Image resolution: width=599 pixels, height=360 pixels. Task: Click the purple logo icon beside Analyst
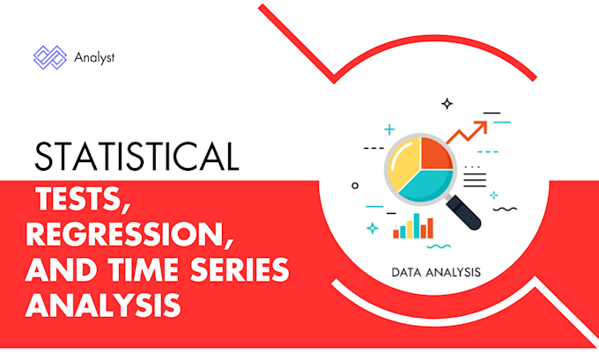pos(49,57)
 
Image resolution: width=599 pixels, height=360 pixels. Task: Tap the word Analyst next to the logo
pos(94,57)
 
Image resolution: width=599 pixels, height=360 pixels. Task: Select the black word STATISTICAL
pos(137,156)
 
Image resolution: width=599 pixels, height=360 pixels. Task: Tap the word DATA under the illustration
pos(411,272)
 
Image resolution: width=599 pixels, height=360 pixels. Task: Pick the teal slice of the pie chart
pos(429,183)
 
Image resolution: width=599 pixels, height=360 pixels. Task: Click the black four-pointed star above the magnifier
pos(447,104)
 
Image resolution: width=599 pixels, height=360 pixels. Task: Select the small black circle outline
pos(355,186)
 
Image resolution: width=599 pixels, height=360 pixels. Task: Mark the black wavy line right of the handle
pos(504,209)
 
